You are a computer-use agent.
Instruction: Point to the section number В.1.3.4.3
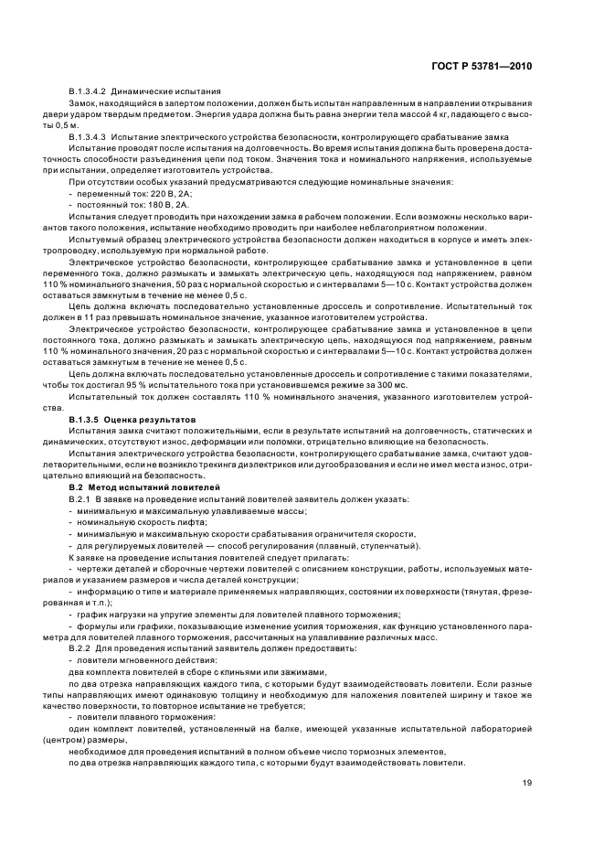[x=88, y=135]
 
